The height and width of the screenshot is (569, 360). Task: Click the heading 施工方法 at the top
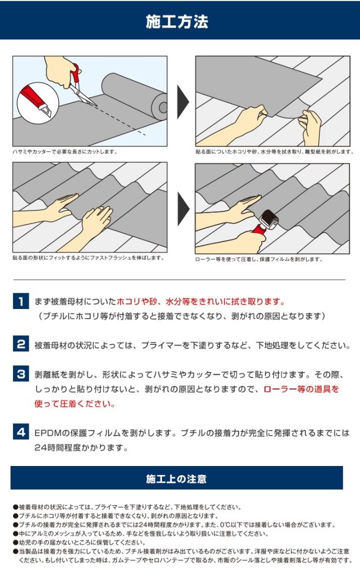tap(177, 21)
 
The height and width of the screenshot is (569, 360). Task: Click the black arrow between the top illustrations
tap(183, 102)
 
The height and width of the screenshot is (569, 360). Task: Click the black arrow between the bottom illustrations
tap(183, 209)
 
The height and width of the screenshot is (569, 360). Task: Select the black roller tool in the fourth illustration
tap(269, 219)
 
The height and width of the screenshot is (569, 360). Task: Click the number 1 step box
tap(21, 301)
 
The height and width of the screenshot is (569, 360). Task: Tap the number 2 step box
tap(21, 344)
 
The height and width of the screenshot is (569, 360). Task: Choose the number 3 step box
tap(21, 374)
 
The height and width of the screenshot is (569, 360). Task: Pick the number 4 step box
tap(21, 432)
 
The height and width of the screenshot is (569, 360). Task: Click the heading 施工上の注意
tap(177, 479)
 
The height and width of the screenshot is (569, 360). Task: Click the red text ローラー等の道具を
tap(301, 389)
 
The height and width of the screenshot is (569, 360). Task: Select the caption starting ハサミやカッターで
tap(65, 152)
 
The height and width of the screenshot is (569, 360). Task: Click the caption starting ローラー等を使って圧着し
tap(259, 259)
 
